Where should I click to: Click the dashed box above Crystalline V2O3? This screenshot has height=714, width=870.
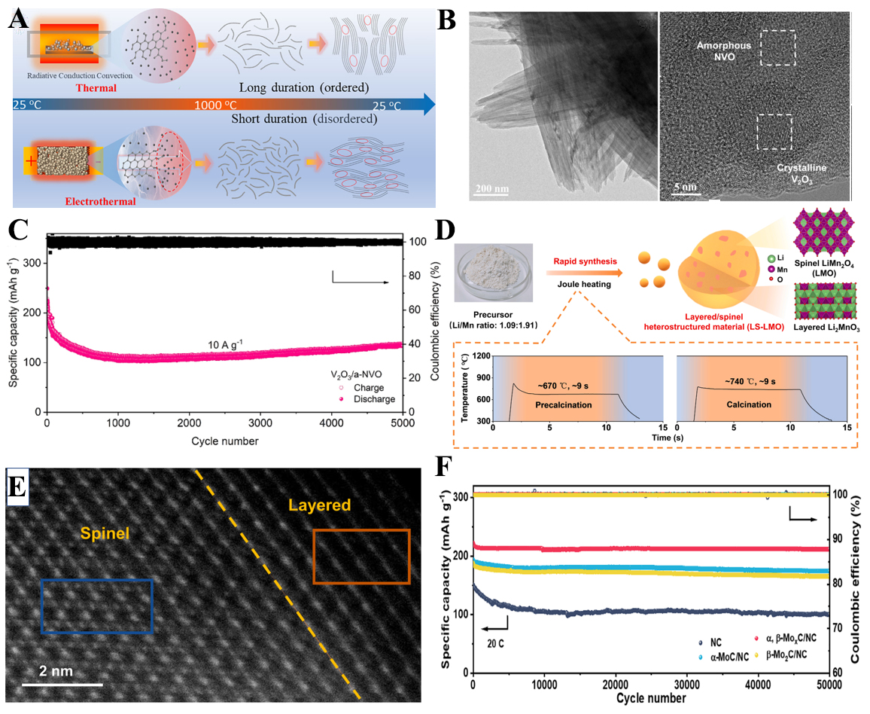(x=774, y=133)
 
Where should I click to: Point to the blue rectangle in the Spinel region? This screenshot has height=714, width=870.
(x=96, y=605)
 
